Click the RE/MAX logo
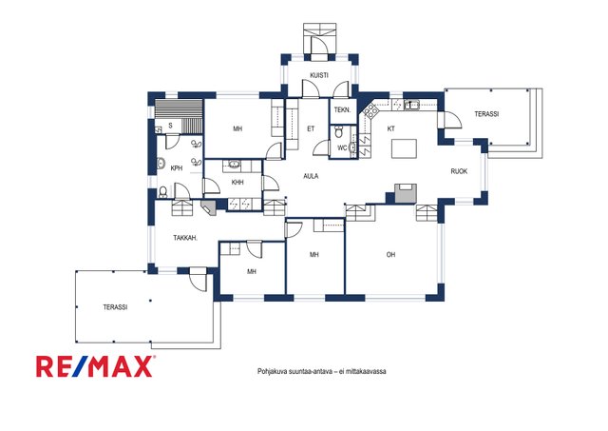[x=96, y=366]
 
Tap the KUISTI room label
[x=319, y=75]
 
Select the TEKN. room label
[x=342, y=109]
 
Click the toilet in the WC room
[x=338, y=131]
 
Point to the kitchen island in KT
[x=404, y=148]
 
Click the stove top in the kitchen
[x=371, y=111]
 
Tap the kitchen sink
[x=411, y=105]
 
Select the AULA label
[x=311, y=176]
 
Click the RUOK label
[x=459, y=171]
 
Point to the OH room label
[x=390, y=255]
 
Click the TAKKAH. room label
[x=185, y=238]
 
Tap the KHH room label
[x=237, y=182]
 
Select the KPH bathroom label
[x=177, y=168]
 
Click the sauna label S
[x=170, y=126]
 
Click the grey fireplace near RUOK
[x=406, y=193]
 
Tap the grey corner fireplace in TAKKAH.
[x=209, y=207]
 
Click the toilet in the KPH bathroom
[x=163, y=192]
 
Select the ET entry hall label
[x=311, y=128]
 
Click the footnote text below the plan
[x=321, y=371]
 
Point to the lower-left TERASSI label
[x=115, y=307]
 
